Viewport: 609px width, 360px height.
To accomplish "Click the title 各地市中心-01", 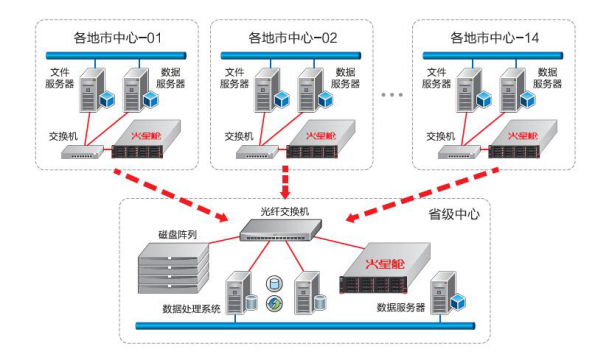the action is (117, 38).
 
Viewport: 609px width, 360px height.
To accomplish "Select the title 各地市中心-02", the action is (292, 38).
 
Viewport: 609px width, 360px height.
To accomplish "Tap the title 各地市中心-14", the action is (494, 38).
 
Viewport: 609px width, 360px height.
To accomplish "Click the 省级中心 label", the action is (454, 214).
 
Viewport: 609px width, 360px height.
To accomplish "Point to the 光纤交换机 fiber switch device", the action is (280, 230).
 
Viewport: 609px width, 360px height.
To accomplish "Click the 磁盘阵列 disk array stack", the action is (174, 268).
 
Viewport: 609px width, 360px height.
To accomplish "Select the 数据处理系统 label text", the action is (191, 309).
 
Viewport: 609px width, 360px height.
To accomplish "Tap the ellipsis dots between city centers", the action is (392, 95).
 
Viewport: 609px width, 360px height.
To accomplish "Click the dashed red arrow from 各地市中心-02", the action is (285, 182).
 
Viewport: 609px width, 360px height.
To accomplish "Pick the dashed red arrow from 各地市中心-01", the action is (171, 195).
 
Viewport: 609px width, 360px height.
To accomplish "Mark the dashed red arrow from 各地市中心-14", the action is (422, 195).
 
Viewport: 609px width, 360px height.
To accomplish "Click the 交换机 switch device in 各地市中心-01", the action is (83, 152).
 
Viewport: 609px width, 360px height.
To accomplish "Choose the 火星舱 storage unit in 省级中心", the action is (385, 268).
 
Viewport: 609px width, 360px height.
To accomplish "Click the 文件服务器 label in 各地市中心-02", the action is (234, 78).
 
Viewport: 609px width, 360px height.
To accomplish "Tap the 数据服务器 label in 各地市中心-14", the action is (547, 78).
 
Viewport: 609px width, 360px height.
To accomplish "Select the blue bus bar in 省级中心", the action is (305, 326).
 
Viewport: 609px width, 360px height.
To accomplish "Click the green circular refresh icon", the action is (274, 303).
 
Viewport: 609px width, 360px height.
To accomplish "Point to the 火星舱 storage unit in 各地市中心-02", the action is (321, 139).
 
